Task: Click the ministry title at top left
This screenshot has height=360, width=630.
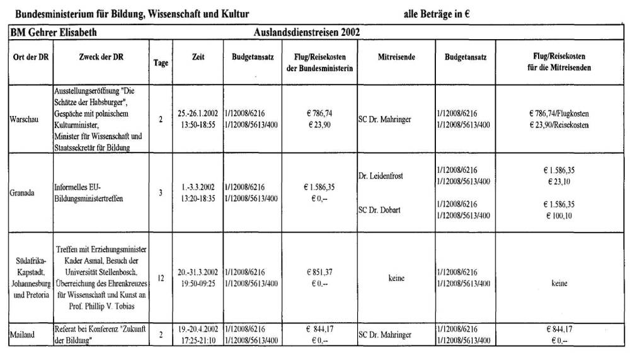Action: (x=132, y=13)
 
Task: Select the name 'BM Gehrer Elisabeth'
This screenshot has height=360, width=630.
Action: (x=53, y=32)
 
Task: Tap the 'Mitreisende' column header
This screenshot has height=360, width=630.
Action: (x=396, y=57)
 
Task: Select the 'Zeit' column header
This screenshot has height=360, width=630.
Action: (x=198, y=57)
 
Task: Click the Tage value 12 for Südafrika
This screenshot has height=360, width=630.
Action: (x=161, y=277)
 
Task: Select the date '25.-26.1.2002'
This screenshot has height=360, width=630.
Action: (x=198, y=113)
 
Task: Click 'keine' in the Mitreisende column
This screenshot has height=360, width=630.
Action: (x=396, y=277)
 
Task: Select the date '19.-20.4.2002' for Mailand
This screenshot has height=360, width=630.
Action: (x=198, y=329)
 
